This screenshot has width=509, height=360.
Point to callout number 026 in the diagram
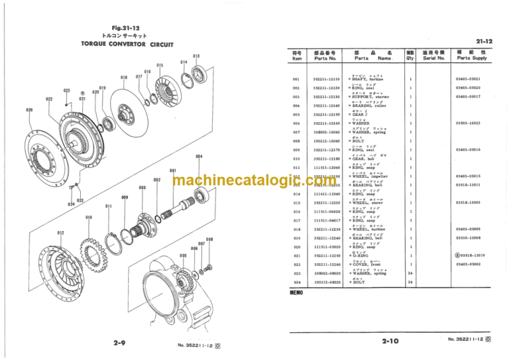pyautogui.click(x=29, y=109)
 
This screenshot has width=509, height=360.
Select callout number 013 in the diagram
pyautogui.click(x=196, y=56)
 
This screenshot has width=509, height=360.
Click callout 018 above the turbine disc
pyautogui.click(x=124, y=78)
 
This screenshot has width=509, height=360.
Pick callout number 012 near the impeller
pyautogui.click(x=60, y=233)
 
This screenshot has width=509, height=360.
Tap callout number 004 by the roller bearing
pyautogui.click(x=199, y=156)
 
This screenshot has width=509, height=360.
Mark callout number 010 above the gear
pyautogui.click(x=89, y=217)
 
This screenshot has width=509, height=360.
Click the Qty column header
pyautogui.click(x=410, y=55)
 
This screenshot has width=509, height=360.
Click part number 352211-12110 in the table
pyautogui.click(x=326, y=79)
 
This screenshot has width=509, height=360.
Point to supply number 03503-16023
pyautogui.click(x=468, y=123)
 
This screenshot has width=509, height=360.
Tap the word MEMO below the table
pyautogui.click(x=296, y=292)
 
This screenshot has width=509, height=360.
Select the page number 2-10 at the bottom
pyautogui.click(x=390, y=341)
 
